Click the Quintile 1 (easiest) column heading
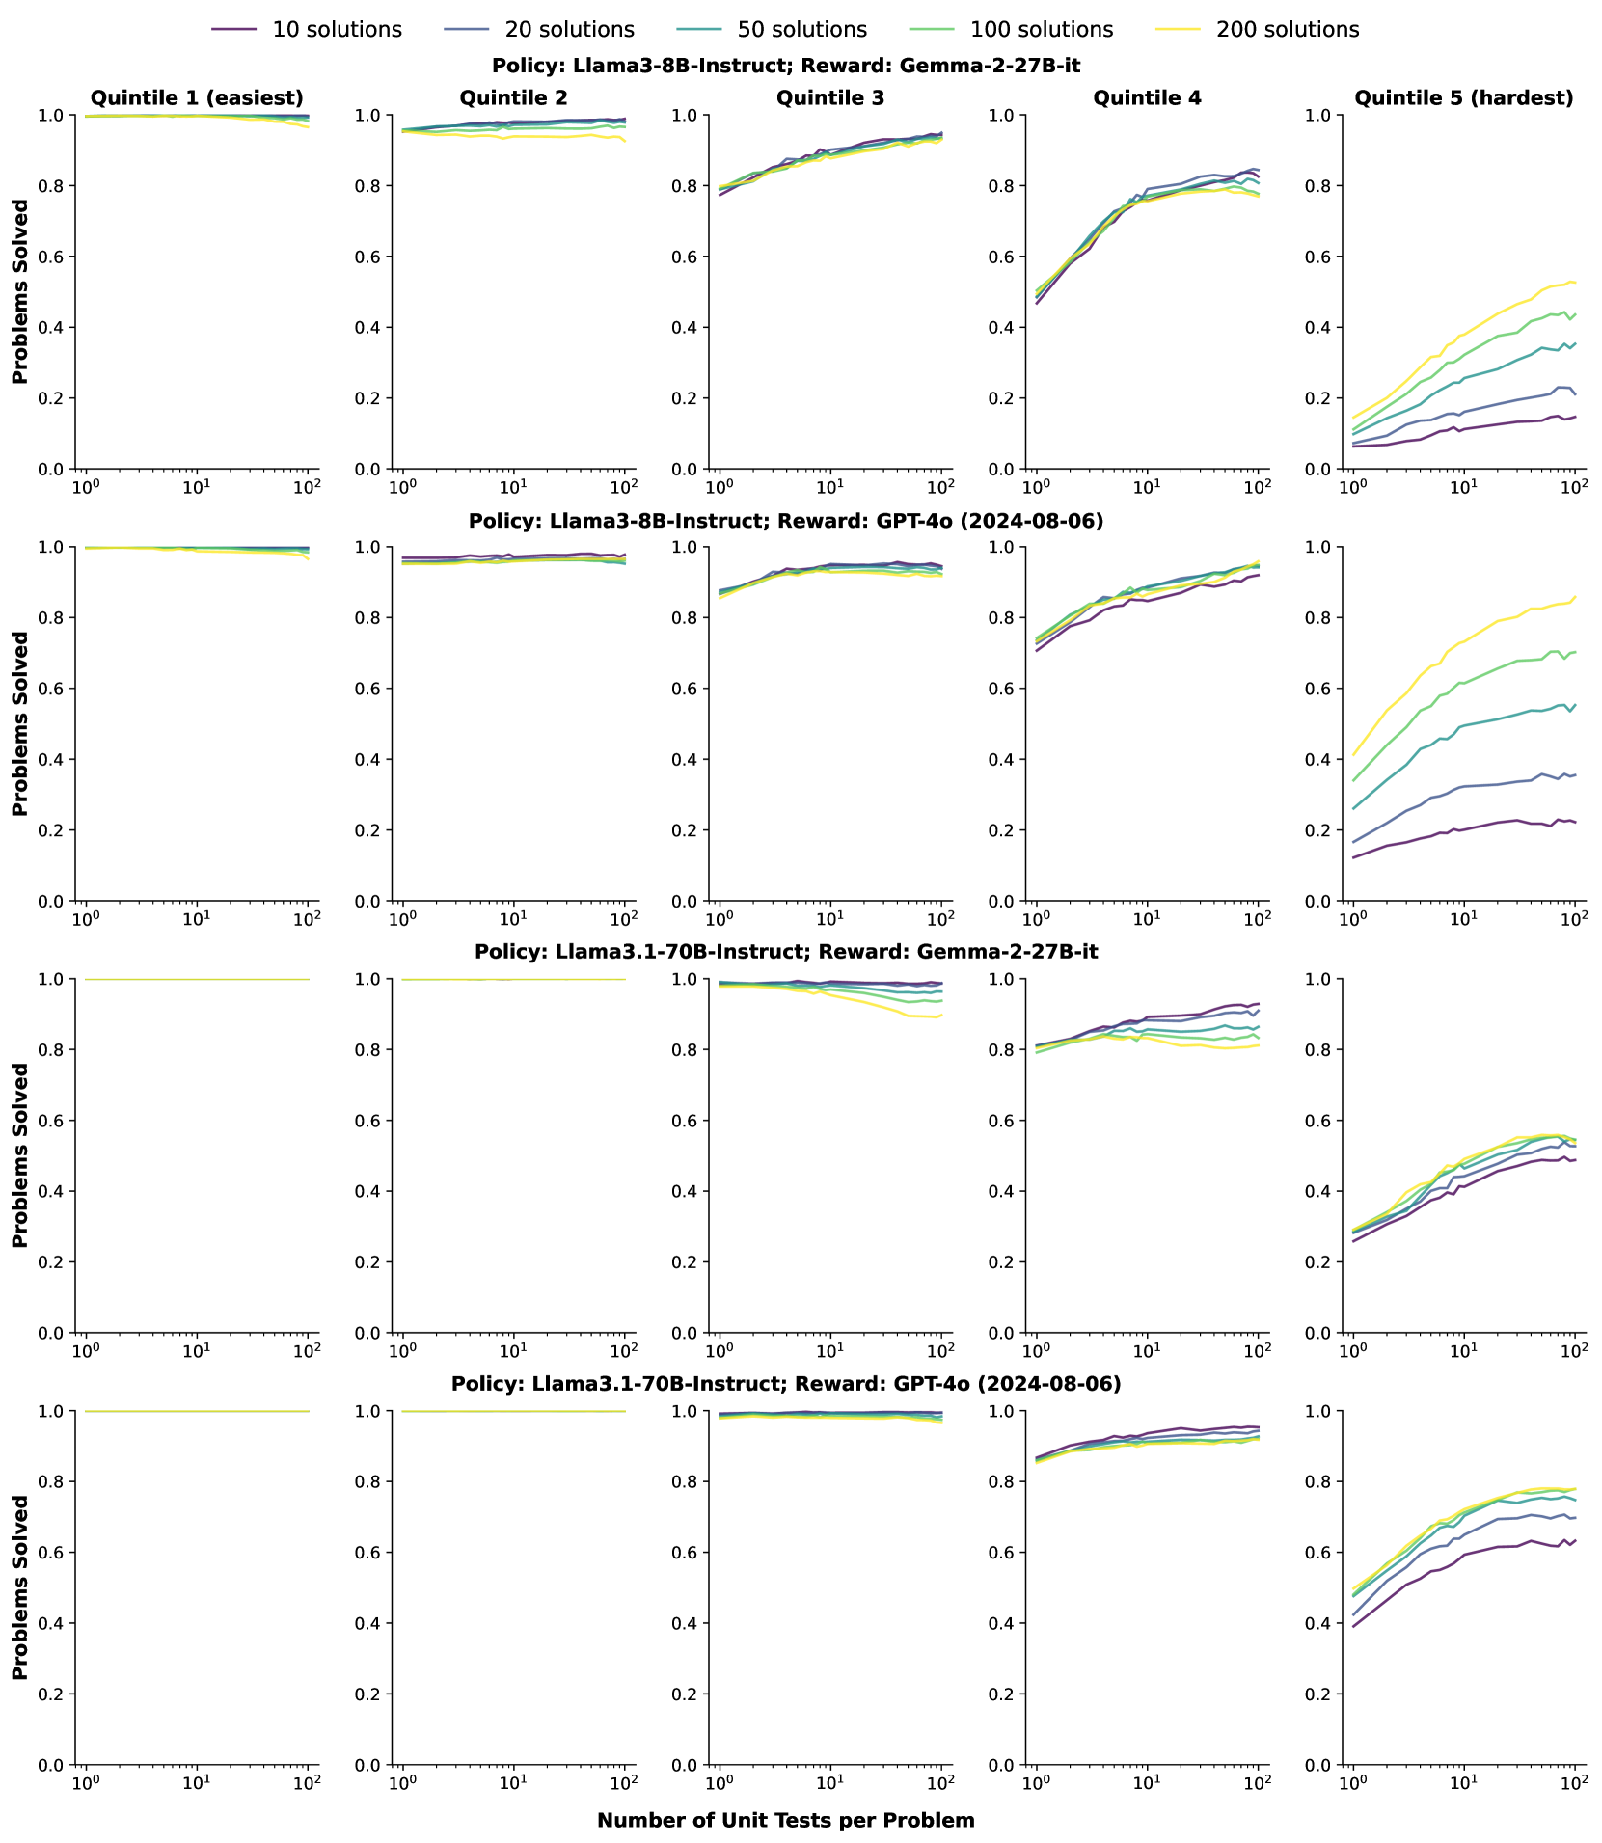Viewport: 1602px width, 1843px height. point(197,97)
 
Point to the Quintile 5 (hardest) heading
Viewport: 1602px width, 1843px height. point(1463,97)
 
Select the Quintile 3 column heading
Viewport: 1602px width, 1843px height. point(829,97)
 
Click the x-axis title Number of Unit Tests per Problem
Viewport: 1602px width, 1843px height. point(785,1820)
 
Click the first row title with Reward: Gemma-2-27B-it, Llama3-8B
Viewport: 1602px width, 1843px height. point(785,66)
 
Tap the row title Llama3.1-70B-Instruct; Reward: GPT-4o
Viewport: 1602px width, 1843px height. point(785,1384)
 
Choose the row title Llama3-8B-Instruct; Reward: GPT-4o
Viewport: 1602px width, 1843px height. point(785,521)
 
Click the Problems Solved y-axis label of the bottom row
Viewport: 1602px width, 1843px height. point(20,1587)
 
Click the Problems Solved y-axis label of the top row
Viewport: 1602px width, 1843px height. point(20,292)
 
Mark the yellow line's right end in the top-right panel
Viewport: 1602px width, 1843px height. point(1574,283)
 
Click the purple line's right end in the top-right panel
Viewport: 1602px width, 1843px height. point(1574,417)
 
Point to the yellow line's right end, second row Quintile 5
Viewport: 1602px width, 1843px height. point(1574,597)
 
